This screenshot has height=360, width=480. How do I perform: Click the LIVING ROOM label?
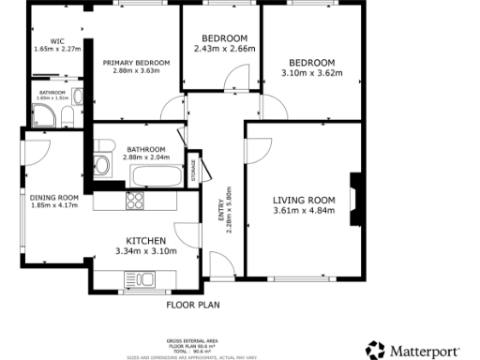click(304, 200)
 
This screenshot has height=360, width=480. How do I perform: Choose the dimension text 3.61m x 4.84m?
click(304, 211)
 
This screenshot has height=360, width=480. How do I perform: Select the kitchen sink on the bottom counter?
click(143, 278)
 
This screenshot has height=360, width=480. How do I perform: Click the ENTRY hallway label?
click(221, 207)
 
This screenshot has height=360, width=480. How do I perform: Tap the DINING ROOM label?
click(54, 198)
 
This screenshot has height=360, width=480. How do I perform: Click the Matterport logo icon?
click(375, 350)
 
